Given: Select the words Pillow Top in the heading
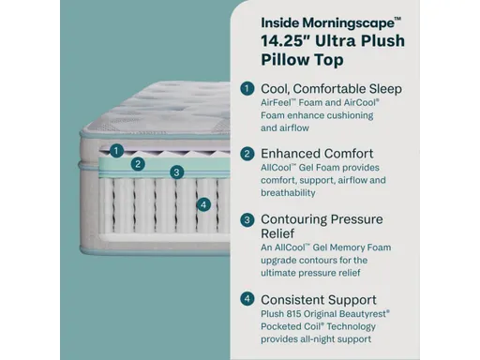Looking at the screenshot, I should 301,60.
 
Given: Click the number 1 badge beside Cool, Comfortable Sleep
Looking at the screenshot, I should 247,88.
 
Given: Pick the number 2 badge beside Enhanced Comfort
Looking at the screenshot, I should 247,154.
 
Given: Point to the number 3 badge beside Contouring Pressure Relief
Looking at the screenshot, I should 247,219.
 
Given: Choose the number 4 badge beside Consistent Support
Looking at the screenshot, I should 247,299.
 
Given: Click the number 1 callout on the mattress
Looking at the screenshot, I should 116,149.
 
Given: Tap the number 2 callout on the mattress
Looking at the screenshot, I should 138,163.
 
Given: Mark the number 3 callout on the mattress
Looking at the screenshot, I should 175,172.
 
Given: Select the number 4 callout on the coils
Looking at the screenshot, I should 203,204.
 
